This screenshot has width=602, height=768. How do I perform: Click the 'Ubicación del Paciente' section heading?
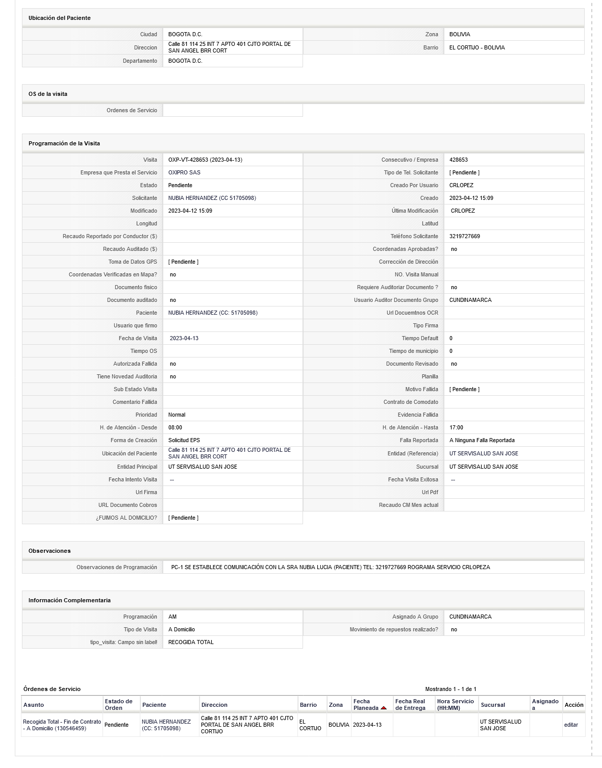pyautogui.click(x=59, y=18)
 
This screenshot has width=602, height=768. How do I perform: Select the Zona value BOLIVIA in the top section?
pyautogui.click(x=460, y=34)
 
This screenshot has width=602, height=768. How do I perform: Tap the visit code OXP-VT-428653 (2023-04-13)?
pyautogui.click(x=205, y=160)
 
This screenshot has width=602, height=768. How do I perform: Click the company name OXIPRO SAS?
pyautogui.click(x=184, y=172)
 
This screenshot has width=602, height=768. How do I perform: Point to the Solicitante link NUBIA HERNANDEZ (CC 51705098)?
pyautogui.click(x=212, y=198)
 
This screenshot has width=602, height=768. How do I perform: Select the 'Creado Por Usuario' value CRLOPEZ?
pyautogui.click(x=461, y=185)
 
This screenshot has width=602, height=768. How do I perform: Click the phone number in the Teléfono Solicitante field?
pyautogui.click(x=464, y=236)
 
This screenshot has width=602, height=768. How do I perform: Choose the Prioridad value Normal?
pyautogui.click(x=177, y=415)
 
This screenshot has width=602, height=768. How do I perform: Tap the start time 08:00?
pyautogui.click(x=175, y=427)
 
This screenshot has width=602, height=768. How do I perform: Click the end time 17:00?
pyautogui.click(x=456, y=427)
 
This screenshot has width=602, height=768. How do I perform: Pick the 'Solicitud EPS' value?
pyautogui.click(x=184, y=440)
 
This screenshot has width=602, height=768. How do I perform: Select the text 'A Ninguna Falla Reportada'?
pyautogui.click(x=482, y=440)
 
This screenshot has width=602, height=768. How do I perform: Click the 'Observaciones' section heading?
pyautogui.click(x=49, y=551)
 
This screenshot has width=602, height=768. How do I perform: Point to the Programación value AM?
pyautogui.click(x=172, y=617)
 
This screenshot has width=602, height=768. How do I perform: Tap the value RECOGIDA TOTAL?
pyautogui.click(x=191, y=642)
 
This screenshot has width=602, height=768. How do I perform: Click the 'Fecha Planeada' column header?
pyautogui.click(x=365, y=704)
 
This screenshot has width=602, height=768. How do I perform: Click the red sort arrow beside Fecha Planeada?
pyautogui.click(x=384, y=708)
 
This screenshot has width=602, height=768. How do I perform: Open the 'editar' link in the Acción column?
pyautogui.click(x=571, y=725)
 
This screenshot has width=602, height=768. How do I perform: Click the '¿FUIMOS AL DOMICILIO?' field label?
pyautogui.click(x=126, y=518)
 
